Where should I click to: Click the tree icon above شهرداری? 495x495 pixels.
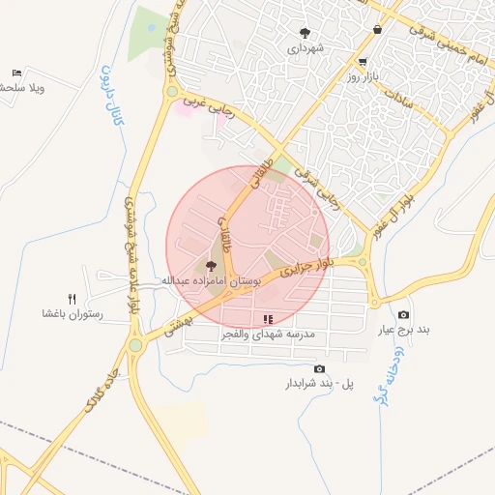306,32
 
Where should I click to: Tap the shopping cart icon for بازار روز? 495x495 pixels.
362,61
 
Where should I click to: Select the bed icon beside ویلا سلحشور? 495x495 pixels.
16,73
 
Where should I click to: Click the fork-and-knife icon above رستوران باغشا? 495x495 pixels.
72,299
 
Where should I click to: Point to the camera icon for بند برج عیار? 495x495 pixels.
403,315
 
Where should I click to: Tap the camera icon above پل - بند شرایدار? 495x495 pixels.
319,368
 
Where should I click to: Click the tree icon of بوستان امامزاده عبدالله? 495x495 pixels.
212,265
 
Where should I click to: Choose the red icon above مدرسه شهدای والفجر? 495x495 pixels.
268,318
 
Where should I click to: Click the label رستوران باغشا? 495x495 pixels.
66,314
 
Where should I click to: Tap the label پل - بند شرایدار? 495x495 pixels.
318,384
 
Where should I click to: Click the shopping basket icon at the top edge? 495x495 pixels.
376,30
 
